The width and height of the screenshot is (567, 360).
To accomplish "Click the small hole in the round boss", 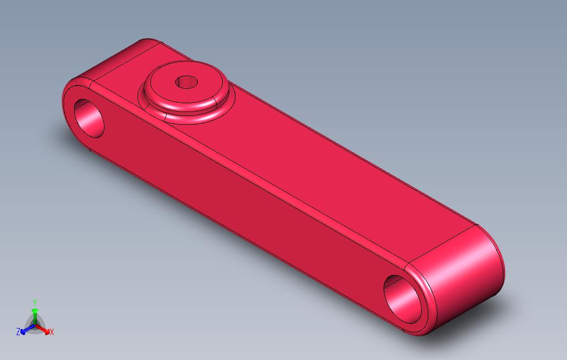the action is coord(187,82).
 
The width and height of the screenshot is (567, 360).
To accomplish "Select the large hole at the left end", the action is coord(89,118).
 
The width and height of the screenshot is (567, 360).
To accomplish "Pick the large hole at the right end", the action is coord(402,299).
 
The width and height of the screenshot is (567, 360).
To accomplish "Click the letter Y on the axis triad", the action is coord(35,302).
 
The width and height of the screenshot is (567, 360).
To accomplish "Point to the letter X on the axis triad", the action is coord(52,332).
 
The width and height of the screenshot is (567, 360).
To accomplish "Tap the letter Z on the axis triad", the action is coord(18,331).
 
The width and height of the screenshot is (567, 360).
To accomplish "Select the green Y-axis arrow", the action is coord(35,316).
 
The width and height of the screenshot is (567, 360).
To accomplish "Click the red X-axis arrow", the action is coord(43,329).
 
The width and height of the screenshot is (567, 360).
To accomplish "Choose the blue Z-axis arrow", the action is coord(28,329).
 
